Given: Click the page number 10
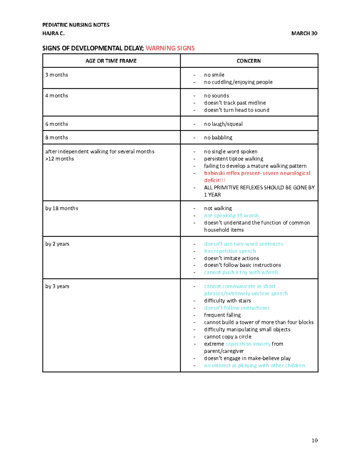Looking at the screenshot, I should pyautogui.click(x=314, y=440).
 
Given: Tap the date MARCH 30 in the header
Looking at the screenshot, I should pyautogui.click(x=304, y=33).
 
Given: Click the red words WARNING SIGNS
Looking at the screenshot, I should pyautogui.click(x=170, y=48).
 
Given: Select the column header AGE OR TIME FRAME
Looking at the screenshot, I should pyautogui.click(x=111, y=61).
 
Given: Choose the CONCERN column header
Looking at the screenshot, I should pyautogui.click(x=249, y=61).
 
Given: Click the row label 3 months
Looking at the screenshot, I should pyautogui.click(x=57, y=75).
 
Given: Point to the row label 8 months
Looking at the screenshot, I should pyautogui.click(x=57, y=137).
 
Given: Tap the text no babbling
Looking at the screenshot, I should pyautogui.click(x=218, y=137).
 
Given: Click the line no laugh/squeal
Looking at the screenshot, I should pyautogui.click(x=223, y=124).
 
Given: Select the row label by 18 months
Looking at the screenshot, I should pyautogui.click(x=62, y=208).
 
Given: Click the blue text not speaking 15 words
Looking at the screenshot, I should pyautogui.click(x=231, y=215).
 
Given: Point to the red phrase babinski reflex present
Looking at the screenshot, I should pyautogui.click(x=232, y=173).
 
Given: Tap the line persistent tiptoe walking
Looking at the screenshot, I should pyautogui.click(x=233, y=159).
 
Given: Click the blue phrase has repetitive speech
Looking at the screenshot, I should pyautogui.click(x=230, y=251).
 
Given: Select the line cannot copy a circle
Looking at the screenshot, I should pyautogui.click(x=228, y=337).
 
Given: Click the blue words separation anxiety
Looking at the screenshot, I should pyautogui.click(x=248, y=344).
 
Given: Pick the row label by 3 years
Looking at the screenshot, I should pyautogui.click(x=57, y=286).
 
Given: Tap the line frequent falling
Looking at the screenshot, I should pyautogui.click(x=222, y=315).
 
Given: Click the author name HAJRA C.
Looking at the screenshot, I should pyautogui.click(x=53, y=33).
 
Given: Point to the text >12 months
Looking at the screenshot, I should pyautogui.click(x=60, y=159).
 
